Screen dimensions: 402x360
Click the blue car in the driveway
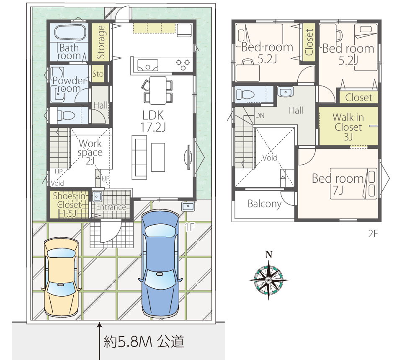tap(160, 263)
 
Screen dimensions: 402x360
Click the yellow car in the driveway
tap(61, 277)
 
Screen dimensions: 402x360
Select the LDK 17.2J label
tap(153, 121)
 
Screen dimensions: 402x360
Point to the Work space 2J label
tap(90, 152)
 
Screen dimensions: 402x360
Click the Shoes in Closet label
tap(69, 205)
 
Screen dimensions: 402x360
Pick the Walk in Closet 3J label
tap(348, 127)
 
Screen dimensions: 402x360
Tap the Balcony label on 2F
tap(265, 204)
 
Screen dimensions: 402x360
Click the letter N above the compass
tap(269, 255)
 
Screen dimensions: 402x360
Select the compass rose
tap(269, 280)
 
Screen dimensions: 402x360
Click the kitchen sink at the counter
tap(148, 65)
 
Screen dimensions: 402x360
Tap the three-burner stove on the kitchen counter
tap(183, 65)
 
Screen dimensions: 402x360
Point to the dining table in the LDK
tap(158, 91)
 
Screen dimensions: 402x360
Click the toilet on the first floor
tap(66, 116)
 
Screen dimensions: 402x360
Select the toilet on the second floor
tap(245, 94)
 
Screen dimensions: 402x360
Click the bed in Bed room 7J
tap(353, 184)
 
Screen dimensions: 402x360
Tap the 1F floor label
tap(190, 227)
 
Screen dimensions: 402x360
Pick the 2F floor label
tap(373, 234)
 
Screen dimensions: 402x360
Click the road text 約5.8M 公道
tap(144, 342)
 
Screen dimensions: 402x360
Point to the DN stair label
tap(260, 116)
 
